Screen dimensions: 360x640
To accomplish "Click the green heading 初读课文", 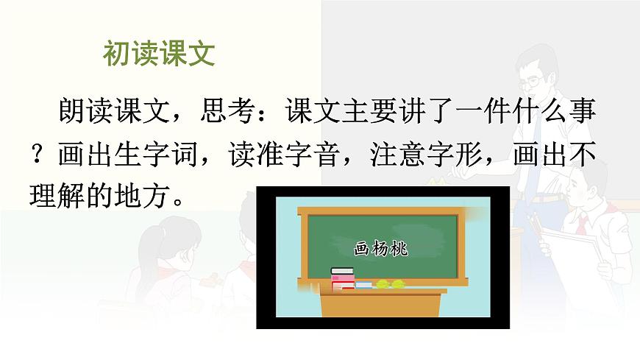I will (158, 54).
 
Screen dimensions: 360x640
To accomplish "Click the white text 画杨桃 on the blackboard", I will (380, 248).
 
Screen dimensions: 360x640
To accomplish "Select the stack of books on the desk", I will (342, 278).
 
